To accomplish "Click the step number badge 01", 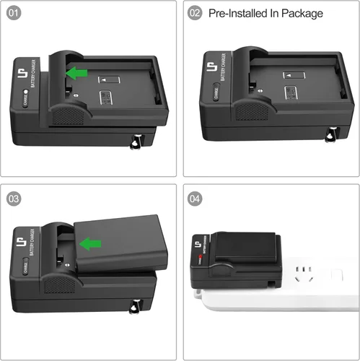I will [x=14, y=13].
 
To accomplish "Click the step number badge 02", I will [x=195, y=13].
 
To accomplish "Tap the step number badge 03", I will [x=14, y=198].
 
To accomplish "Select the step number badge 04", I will [x=195, y=198].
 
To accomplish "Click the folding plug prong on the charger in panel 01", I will [x=134, y=142].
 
